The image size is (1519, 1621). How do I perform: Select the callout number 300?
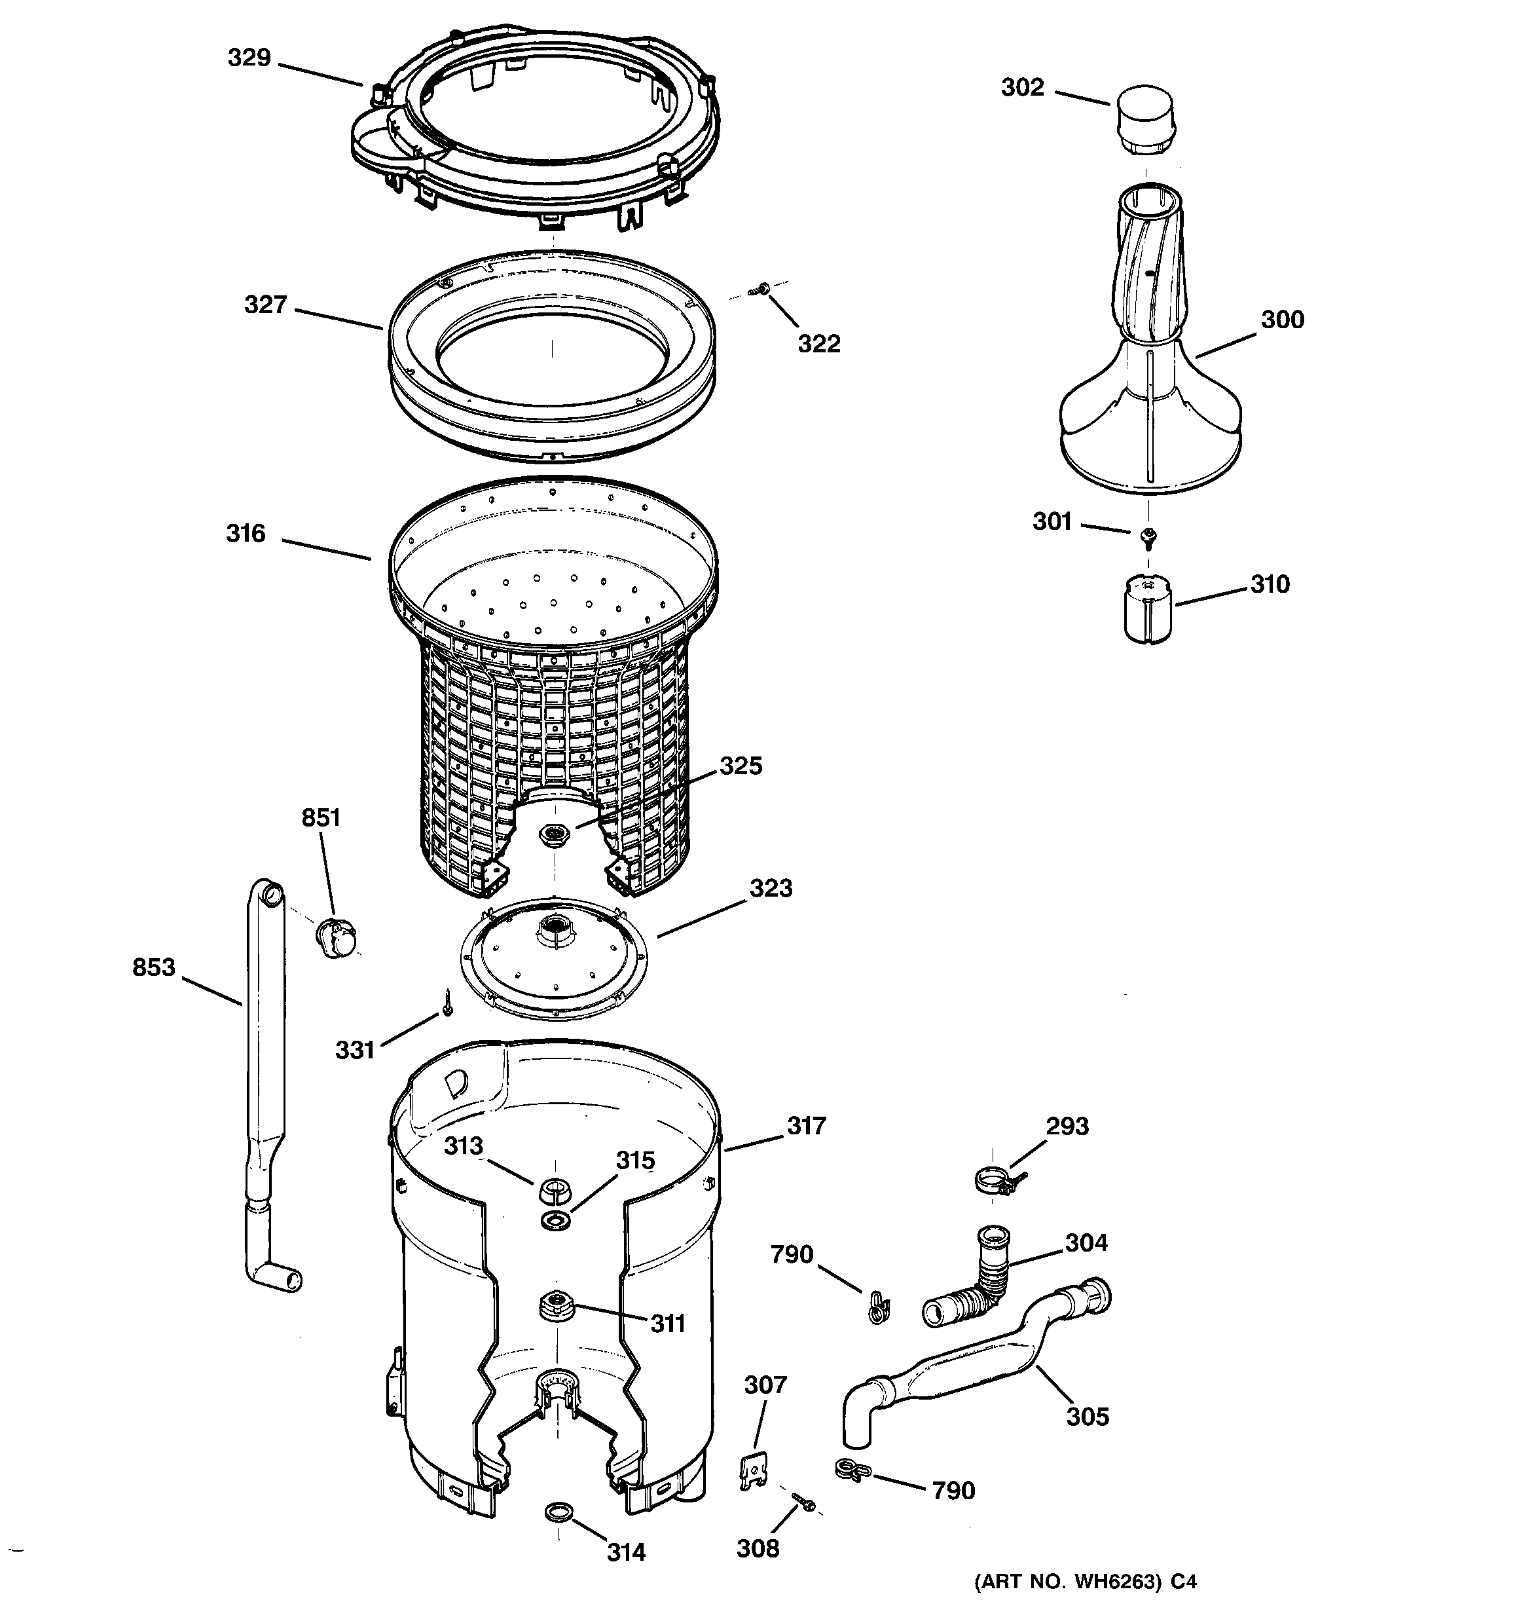(1283, 320)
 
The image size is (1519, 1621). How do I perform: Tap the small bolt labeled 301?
(1150, 536)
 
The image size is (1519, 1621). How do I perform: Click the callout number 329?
(249, 58)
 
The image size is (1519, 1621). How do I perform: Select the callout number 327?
(266, 305)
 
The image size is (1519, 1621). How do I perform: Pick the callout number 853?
(154, 967)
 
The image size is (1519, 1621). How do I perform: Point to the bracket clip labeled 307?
(755, 1468)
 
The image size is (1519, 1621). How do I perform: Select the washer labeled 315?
(555, 1220)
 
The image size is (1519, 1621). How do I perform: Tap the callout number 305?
(1088, 1417)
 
